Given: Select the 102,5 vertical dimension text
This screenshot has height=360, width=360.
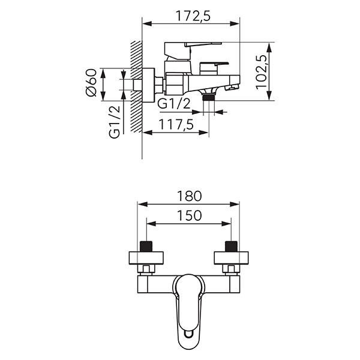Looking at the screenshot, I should coord(261,71).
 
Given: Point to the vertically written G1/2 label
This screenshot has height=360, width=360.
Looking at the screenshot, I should coord(115,121).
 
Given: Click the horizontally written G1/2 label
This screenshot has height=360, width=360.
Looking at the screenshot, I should coord(174,103).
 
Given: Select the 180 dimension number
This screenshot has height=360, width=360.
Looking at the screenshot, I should coord(189,196).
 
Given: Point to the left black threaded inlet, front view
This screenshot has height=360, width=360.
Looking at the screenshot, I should coord(146,246).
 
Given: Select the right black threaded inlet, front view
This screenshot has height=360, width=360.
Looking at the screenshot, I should coord(231,246).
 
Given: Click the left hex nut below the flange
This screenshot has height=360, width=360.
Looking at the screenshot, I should coord(146,269).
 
